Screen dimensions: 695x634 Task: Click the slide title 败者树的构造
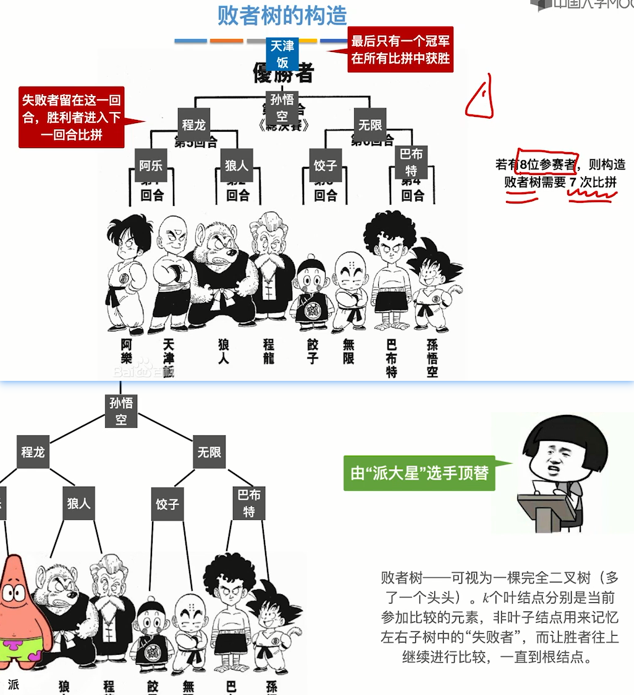click(x=282, y=15)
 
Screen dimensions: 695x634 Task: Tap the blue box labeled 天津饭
click(x=282, y=54)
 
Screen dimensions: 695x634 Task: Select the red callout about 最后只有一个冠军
click(x=400, y=50)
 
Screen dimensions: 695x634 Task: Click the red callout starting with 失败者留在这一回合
click(x=71, y=117)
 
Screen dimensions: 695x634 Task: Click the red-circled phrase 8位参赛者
click(x=546, y=164)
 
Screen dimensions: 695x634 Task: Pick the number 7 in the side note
click(x=573, y=182)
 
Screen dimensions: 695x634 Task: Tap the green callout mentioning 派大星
click(x=420, y=474)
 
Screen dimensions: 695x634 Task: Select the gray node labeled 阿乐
click(x=151, y=165)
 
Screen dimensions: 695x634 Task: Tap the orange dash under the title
click(x=226, y=41)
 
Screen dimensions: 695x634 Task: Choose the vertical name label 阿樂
click(x=127, y=351)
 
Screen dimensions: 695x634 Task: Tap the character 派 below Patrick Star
click(x=14, y=684)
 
